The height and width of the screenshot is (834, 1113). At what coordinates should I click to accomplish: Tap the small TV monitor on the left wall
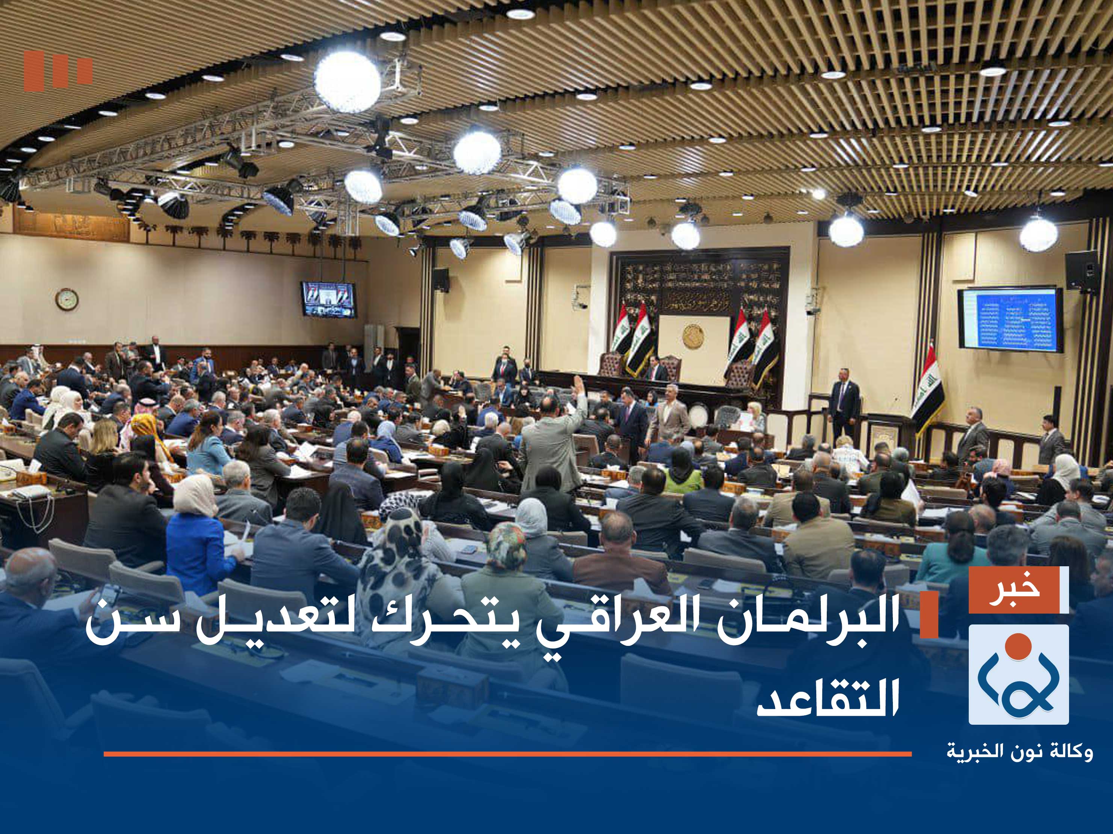tap(328, 299)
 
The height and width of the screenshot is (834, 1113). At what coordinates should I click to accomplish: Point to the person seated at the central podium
tap(655, 372)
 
